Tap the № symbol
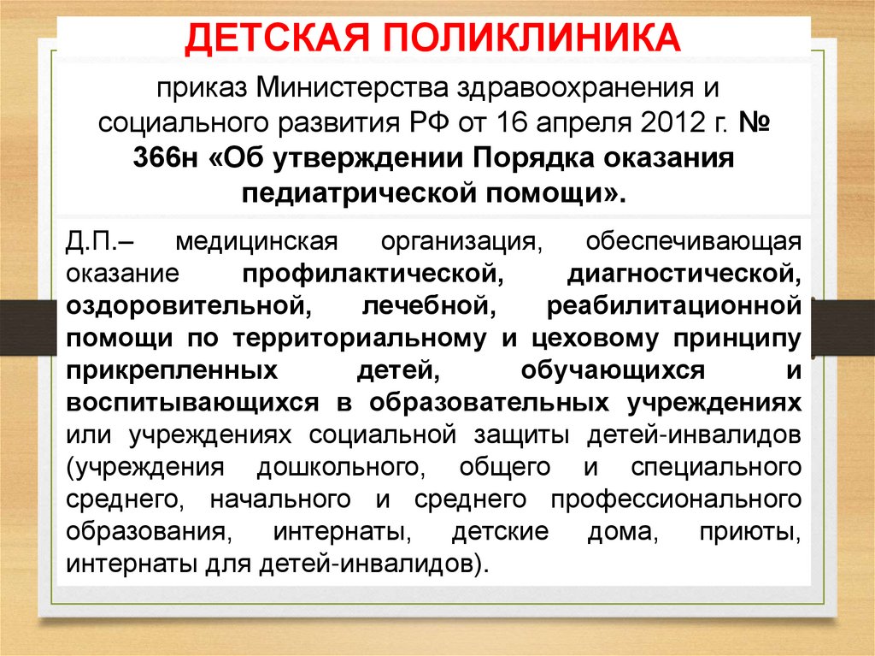pos(755,123)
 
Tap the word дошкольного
pos(344,468)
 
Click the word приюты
pos(755,533)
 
